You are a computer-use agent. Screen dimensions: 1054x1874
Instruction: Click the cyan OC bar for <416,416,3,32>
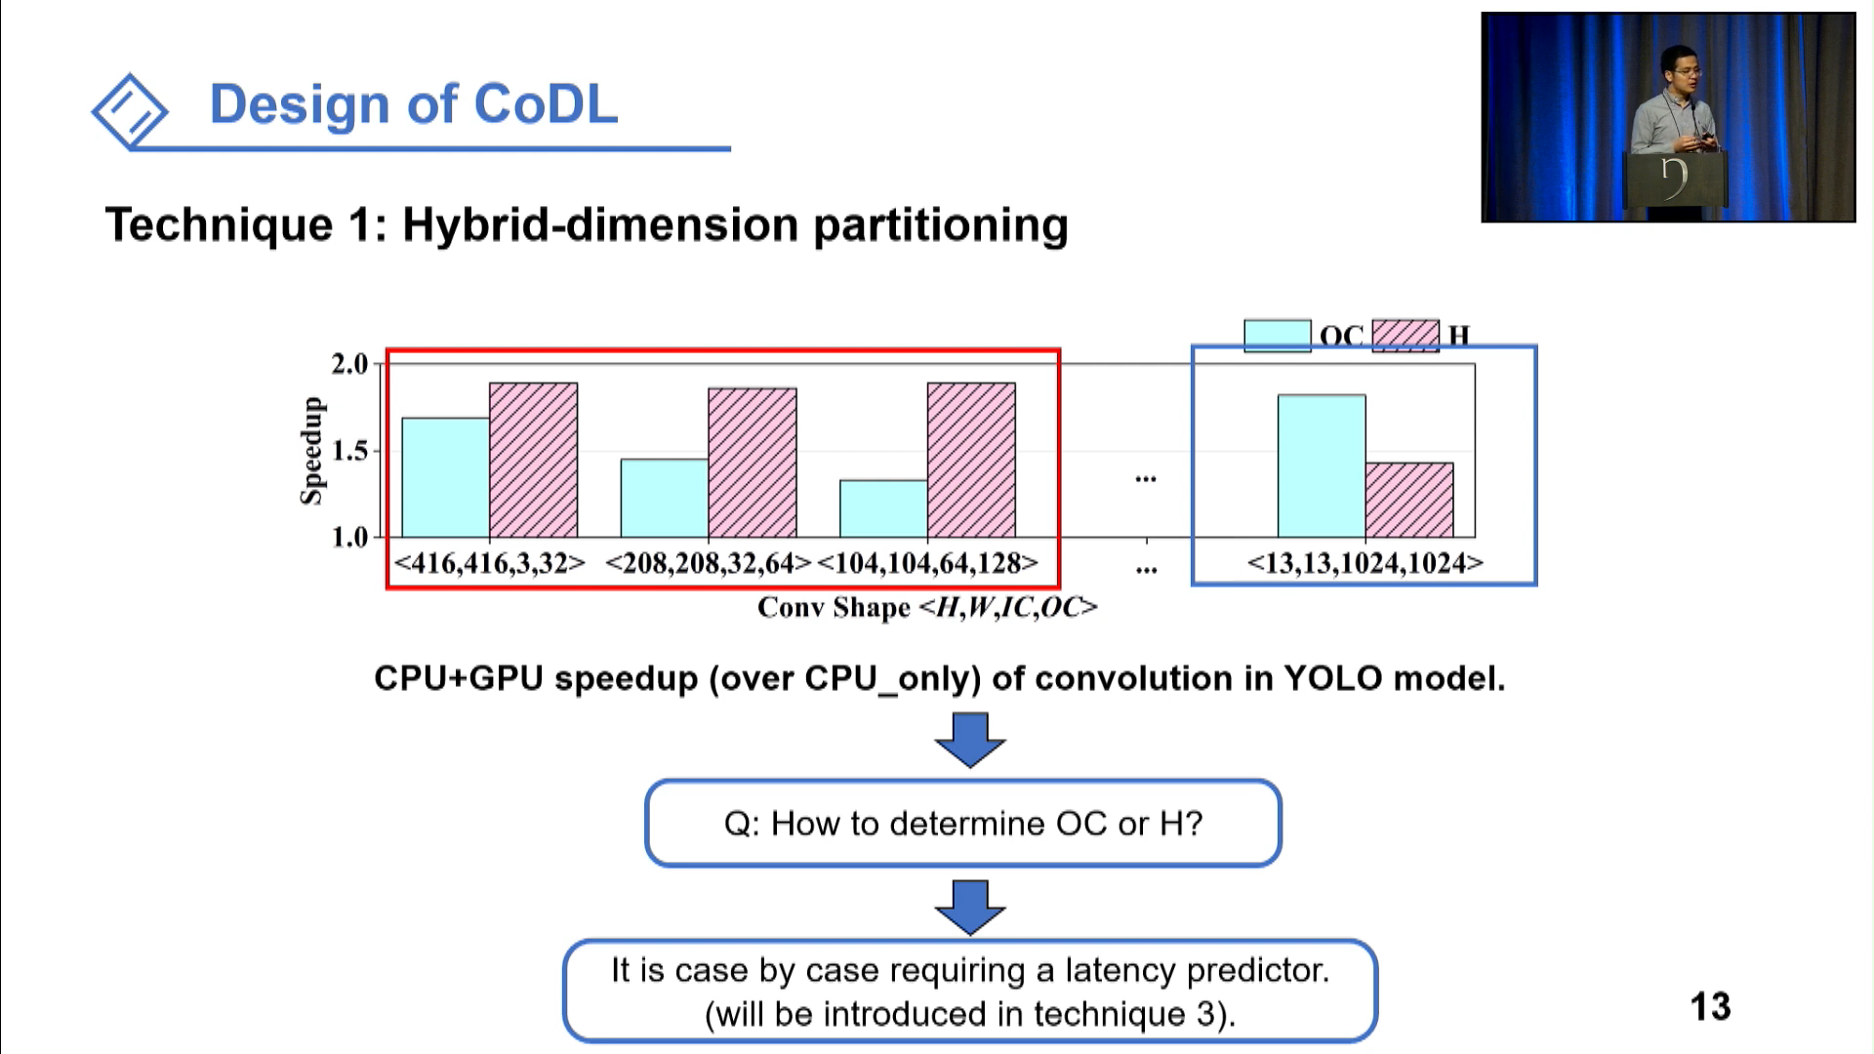click(445, 478)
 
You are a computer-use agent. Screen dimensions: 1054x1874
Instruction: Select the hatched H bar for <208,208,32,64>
click(752, 463)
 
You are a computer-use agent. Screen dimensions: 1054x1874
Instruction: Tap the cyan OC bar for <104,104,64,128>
click(883, 508)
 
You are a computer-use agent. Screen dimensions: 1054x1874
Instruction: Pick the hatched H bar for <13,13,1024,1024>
click(1408, 500)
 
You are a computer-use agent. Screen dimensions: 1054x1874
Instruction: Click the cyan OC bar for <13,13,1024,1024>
click(1321, 466)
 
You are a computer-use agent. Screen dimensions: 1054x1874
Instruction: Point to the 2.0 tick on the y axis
click(349, 364)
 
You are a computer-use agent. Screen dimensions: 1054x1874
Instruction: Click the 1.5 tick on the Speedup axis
click(349, 451)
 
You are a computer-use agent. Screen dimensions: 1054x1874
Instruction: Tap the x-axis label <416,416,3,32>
click(489, 563)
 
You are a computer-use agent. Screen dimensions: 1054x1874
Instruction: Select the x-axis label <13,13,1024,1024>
click(1365, 563)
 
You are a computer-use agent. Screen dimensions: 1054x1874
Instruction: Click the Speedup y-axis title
click(310, 451)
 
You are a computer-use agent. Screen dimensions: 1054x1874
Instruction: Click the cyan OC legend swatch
click(1277, 335)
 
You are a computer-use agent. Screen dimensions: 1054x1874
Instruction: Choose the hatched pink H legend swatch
click(1405, 335)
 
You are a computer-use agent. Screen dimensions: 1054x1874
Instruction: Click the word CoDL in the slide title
click(546, 103)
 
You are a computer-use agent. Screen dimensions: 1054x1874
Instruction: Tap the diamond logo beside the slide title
click(130, 111)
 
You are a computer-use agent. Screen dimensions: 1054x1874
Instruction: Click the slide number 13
click(1710, 1006)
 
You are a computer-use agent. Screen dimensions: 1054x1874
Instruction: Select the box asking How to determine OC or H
click(962, 823)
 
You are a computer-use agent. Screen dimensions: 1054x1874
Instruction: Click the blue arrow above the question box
click(969, 739)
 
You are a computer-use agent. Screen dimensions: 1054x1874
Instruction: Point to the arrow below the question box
click(969, 907)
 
